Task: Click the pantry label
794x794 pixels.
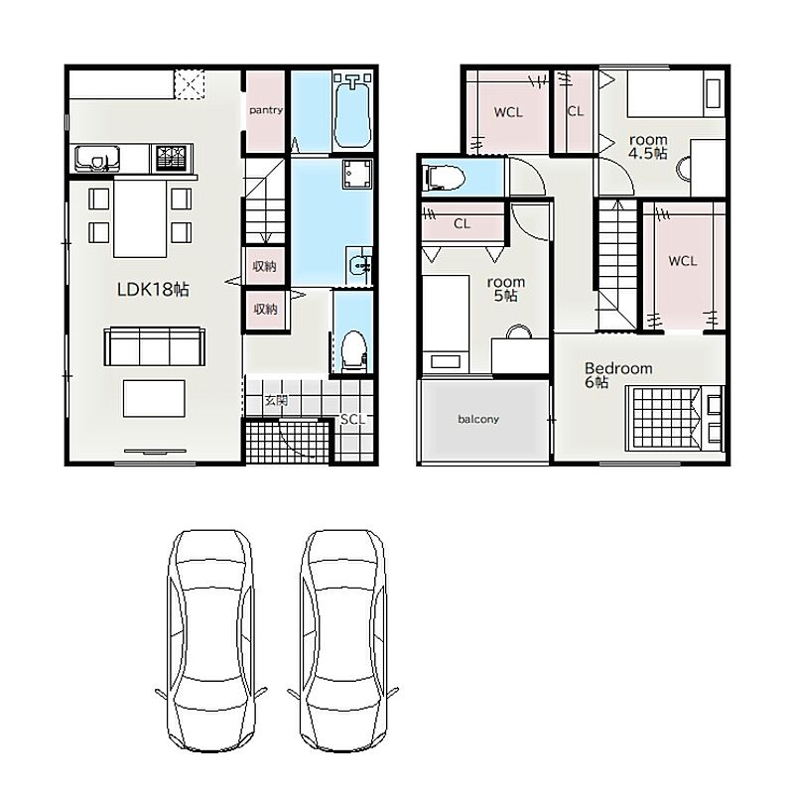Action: point(265,110)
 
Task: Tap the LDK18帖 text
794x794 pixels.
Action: point(153,289)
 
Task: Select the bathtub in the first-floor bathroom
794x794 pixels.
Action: point(352,111)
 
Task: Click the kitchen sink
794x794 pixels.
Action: point(97,159)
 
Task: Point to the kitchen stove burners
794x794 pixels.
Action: point(172,158)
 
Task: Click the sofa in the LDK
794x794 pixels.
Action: point(155,346)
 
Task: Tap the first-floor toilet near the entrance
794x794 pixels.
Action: point(353,350)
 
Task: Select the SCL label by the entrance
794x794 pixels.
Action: point(352,419)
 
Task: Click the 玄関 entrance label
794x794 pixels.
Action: point(276,401)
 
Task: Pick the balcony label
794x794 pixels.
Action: point(478,419)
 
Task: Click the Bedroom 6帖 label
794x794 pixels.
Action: point(618,375)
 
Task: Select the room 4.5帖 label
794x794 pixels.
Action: point(648,146)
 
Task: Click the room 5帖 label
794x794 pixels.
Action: point(506,289)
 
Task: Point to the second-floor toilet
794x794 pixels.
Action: point(446,179)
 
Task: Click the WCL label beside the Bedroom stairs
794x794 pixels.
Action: point(683,261)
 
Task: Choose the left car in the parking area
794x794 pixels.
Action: point(210,640)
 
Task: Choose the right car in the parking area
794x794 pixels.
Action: point(342,639)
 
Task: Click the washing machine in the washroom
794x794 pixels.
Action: point(357,175)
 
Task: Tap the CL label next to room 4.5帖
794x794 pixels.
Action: point(576,111)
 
